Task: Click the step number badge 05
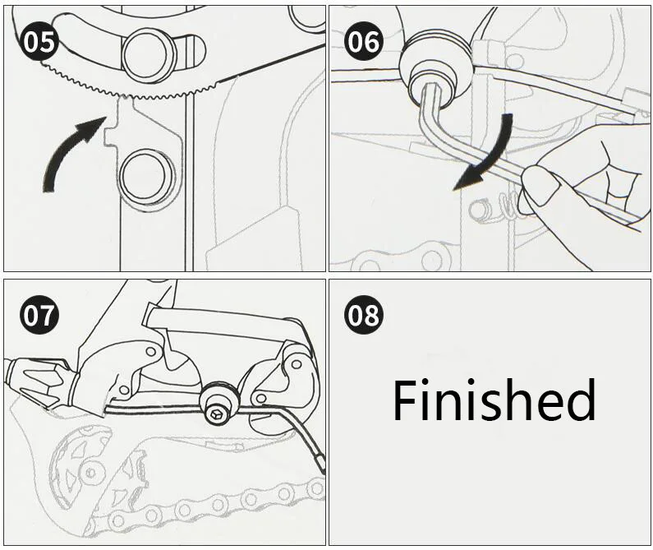click(x=39, y=43)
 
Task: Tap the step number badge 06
click(x=365, y=43)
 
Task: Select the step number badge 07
click(x=39, y=315)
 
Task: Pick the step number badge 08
click(x=365, y=315)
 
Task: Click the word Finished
click(x=494, y=400)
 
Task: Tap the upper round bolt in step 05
click(x=147, y=55)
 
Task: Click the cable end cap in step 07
click(x=320, y=462)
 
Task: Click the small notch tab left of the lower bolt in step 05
click(x=110, y=136)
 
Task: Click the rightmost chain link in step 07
click(x=317, y=488)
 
